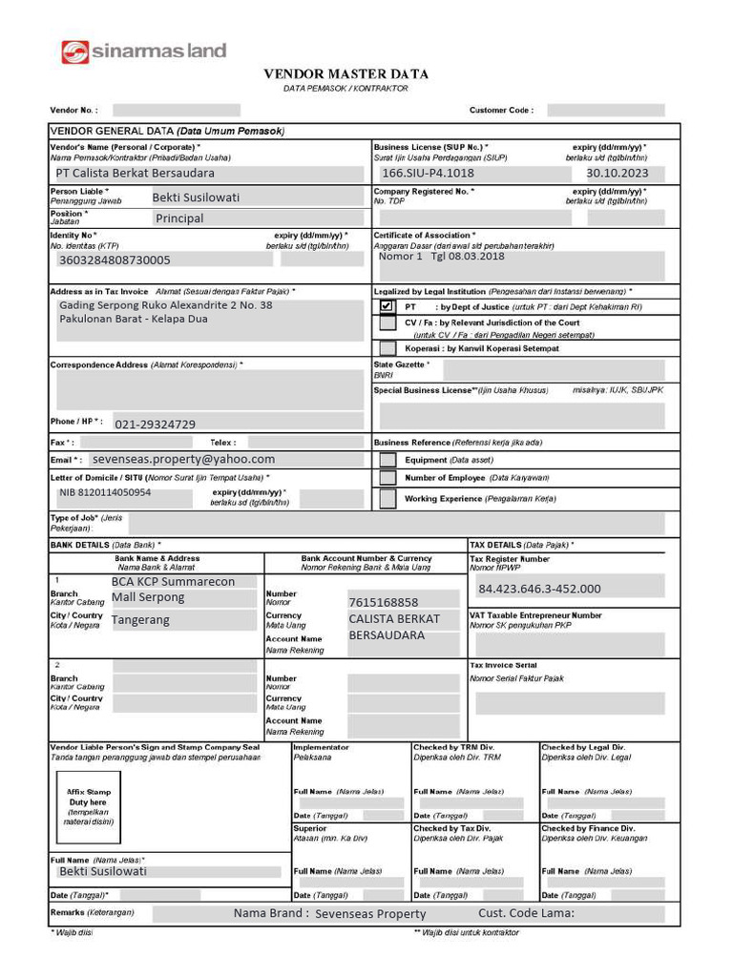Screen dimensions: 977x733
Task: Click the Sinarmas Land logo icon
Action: click(x=75, y=52)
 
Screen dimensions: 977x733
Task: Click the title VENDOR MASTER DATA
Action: click(x=346, y=74)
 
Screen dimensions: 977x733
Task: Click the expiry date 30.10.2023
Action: click(x=617, y=174)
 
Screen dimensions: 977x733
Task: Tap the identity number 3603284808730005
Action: click(x=115, y=260)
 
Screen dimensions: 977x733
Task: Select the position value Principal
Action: click(x=179, y=218)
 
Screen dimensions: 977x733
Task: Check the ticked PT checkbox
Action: click(x=387, y=307)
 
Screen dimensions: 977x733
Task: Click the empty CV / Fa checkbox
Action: click(x=387, y=323)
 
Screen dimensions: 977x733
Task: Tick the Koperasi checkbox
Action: click(x=387, y=349)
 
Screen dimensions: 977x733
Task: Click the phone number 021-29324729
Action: click(x=156, y=425)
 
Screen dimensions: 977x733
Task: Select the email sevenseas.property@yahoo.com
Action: click(x=183, y=459)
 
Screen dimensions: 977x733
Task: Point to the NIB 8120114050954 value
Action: click(x=105, y=493)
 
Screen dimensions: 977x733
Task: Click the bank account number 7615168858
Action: click(x=383, y=603)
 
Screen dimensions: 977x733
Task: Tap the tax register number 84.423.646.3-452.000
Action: click(x=539, y=589)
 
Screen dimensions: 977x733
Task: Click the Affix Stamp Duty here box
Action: click(x=89, y=806)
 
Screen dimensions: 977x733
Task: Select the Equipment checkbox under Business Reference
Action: click(x=387, y=460)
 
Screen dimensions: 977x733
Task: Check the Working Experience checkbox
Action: click(x=387, y=498)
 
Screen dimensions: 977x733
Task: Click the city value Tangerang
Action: click(x=140, y=620)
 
